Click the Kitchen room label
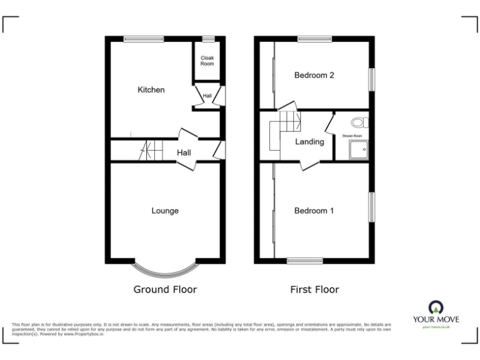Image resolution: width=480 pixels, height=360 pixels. point(151,90)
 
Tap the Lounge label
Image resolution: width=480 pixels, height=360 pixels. point(165,211)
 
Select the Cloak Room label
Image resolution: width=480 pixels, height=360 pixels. point(207,61)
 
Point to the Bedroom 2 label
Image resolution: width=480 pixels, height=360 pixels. point(314,75)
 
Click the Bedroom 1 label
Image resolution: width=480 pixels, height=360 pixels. point(314,211)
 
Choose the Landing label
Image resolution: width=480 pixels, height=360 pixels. point(309,142)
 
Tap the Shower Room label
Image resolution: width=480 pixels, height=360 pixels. point(352,136)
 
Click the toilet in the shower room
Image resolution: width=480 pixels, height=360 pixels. point(359,122)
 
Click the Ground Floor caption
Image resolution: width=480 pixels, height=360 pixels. point(165,289)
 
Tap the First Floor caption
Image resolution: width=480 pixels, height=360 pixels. point(314,289)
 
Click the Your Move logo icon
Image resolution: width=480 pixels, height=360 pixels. point(436,307)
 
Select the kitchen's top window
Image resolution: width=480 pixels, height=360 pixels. point(144,39)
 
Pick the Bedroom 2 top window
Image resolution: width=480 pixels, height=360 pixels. point(315,39)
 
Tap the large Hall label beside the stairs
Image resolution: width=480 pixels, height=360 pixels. point(184,152)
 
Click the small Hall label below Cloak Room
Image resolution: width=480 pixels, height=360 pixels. point(207,96)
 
